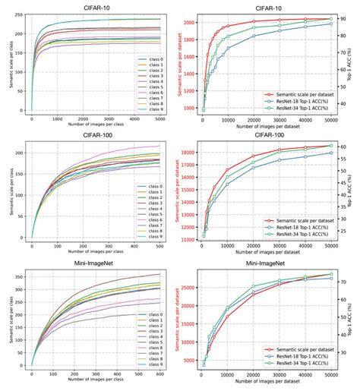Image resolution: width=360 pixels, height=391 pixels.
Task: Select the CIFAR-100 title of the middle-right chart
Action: pos(266,134)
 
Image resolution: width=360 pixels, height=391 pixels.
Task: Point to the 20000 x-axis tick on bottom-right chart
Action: pos(254,373)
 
